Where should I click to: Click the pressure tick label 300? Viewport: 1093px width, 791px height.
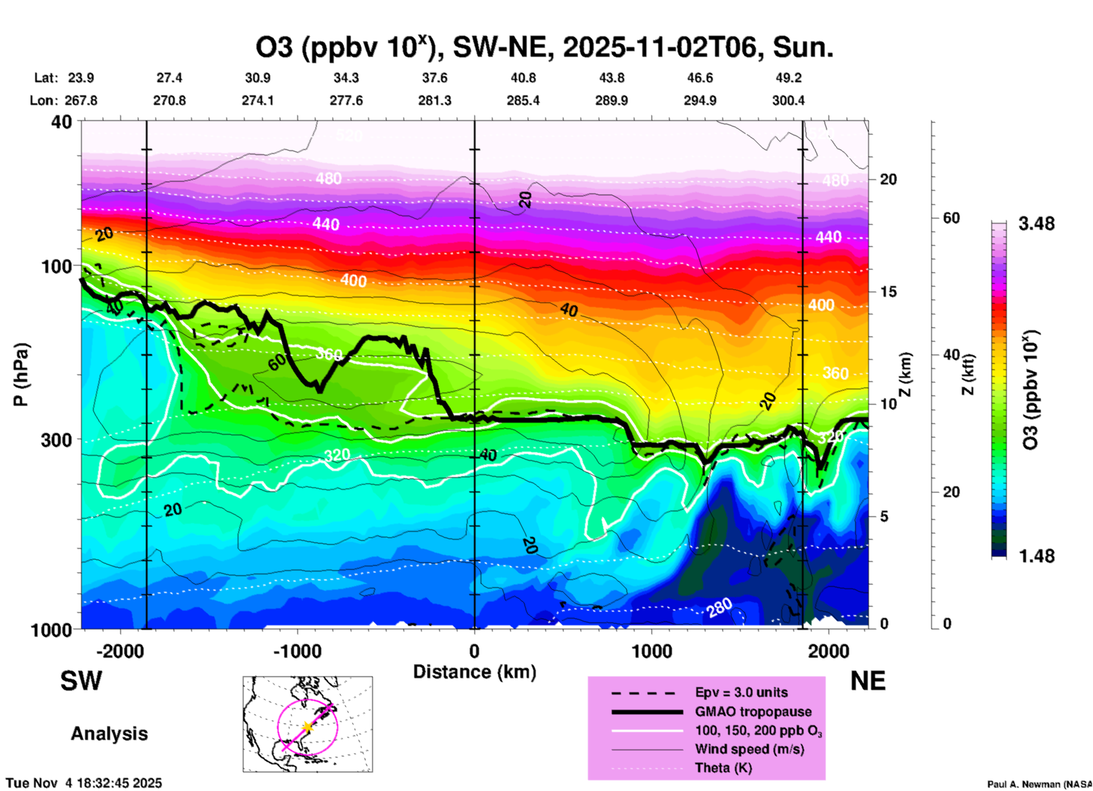[x=56, y=440]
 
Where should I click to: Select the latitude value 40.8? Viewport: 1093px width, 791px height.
[x=523, y=78]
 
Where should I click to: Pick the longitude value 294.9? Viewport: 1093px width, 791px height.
[x=699, y=100]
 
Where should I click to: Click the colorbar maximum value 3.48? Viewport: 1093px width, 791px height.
[x=1036, y=224]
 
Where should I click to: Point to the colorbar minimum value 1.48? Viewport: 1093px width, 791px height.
[x=1036, y=556]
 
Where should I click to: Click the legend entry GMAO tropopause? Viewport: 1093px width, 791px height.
[x=753, y=712]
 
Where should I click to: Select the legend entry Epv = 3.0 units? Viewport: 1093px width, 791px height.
[x=741, y=692]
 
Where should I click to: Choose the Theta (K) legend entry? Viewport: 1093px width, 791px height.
[x=723, y=768]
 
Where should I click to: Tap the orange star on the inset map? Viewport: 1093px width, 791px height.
[x=307, y=727]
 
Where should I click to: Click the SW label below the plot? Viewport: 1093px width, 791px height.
[x=81, y=681]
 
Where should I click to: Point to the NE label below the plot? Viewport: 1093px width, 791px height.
[x=868, y=681]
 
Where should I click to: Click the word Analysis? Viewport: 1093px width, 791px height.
[x=109, y=733]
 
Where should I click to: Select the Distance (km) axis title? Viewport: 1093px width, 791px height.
[x=474, y=672]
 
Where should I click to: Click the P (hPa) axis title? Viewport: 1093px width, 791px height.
[x=21, y=375]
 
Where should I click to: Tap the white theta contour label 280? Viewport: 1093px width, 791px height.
[x=720, y=608]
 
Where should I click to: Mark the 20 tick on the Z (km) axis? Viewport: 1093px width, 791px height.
[x=888, y=179]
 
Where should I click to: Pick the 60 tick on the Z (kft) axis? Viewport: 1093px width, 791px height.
[x=951, y=218]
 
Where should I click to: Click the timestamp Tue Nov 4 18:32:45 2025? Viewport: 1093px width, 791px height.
[x=84, y=783]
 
